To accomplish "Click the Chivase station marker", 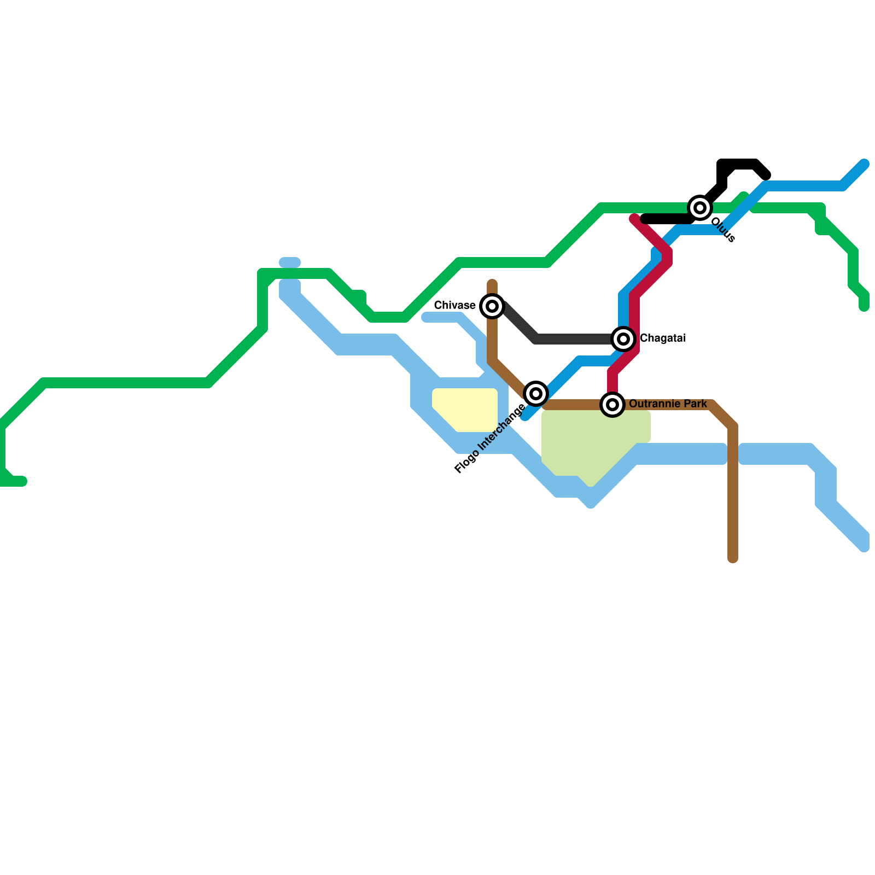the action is click(x=492, y=306).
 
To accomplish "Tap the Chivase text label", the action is click(x=454, y=305).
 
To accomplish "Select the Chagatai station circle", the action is click(x=623, y=339).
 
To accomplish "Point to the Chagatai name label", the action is click(x=662, y=339).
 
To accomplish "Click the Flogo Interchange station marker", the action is click(x=536, y=394).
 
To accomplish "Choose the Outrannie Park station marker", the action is click(x=612, y=405).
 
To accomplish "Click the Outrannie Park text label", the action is click(x=668, y=404).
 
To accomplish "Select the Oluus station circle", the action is click(x=700, y=208).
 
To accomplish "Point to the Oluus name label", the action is click(x=723, y=230).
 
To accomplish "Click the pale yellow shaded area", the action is click(x=465, y=409).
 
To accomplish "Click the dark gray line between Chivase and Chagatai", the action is click(x=569, y=339).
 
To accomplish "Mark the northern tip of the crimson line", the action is click(x=634, y=219).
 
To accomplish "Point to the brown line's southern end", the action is click(x=733, y=558).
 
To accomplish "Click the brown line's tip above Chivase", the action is click(x=492, y=284).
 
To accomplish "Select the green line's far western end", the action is click(x=22, y=481).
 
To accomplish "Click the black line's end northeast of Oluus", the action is click(x=766, y=175).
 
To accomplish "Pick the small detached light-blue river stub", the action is click(x=290, y=262).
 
